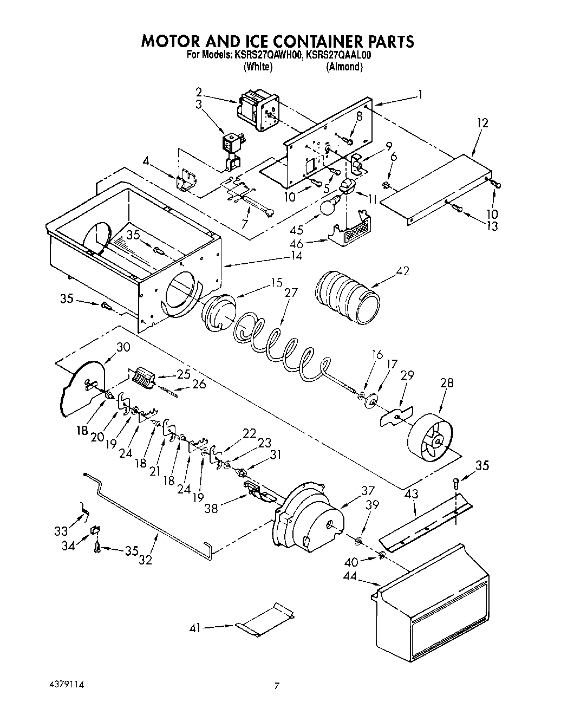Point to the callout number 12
tap(482, 123)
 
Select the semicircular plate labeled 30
tap(80, 387)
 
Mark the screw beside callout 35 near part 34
tap(97, 548)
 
